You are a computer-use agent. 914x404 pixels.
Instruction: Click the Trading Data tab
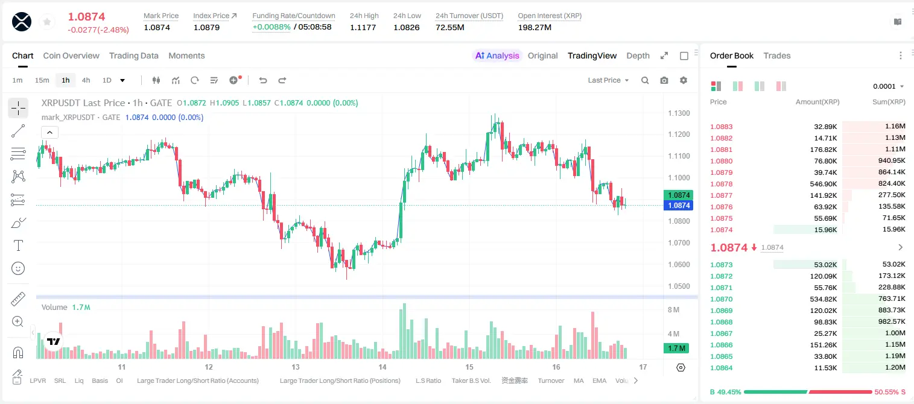133,56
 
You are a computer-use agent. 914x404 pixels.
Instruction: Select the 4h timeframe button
86,80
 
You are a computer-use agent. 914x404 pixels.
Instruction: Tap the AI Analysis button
497,56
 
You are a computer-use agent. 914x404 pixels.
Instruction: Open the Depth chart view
638,56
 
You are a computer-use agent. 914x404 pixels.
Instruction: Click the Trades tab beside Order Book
777,56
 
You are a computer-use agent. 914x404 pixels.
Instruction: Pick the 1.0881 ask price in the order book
721,150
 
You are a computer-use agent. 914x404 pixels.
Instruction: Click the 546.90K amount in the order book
823,184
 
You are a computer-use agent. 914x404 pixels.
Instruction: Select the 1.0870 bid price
721,299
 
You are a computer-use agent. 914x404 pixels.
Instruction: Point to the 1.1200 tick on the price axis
679,134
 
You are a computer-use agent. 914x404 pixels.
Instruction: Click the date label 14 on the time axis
382,367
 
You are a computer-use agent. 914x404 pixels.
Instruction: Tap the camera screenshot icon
664,80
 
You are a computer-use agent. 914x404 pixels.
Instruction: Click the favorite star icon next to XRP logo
47,22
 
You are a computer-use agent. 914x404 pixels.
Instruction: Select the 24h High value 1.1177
363,27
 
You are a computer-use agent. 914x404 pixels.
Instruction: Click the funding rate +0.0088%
271,27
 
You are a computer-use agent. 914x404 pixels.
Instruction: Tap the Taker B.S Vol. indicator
471,380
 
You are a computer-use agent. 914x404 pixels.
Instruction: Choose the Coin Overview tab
71,56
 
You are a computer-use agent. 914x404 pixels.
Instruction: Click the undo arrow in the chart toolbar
263,80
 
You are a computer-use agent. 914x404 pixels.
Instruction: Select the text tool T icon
18,245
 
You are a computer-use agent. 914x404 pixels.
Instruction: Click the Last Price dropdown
608,80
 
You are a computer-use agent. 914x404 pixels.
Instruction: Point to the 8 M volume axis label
673,310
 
